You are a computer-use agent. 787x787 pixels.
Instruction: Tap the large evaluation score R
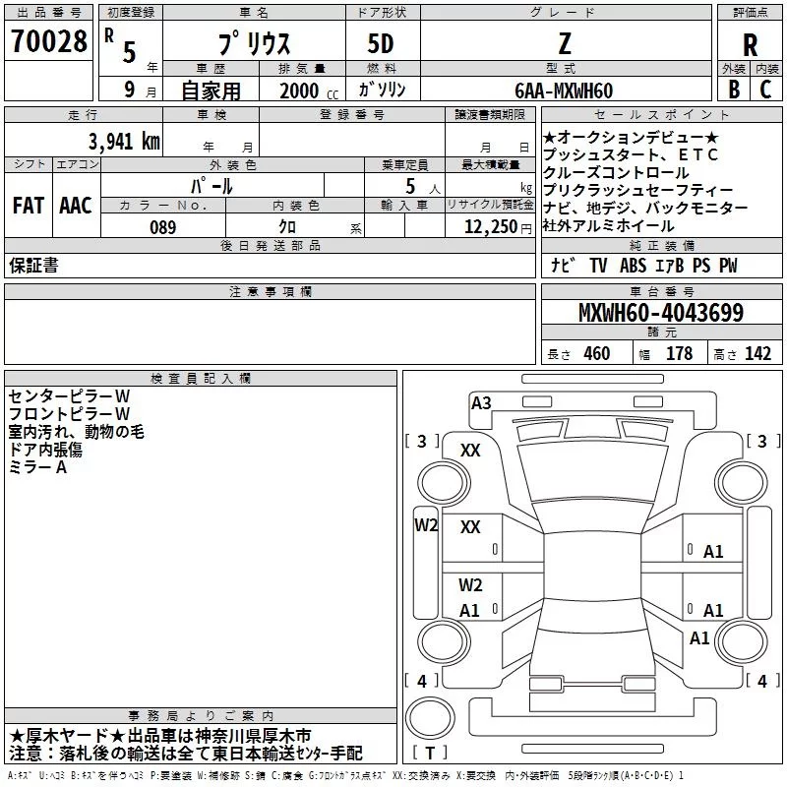[750, 45]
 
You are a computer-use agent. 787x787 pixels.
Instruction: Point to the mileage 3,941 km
[122, 141]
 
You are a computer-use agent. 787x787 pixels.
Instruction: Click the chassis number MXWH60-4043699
[660, 314]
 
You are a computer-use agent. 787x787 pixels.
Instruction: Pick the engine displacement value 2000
[299, 91]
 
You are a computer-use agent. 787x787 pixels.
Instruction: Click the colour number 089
[162, 227]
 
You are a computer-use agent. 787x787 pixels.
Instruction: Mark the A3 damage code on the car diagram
[481, 402]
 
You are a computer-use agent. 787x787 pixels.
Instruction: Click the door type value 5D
[381, 44]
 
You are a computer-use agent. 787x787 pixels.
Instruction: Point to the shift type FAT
[28, 206]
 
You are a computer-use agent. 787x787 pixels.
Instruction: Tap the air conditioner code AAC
[76, 206]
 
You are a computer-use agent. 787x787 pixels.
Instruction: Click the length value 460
[597, 354]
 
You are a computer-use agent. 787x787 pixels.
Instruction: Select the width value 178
[679, 354]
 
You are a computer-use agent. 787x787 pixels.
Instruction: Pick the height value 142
[758, 354]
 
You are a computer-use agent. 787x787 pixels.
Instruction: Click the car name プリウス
[252, 44]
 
